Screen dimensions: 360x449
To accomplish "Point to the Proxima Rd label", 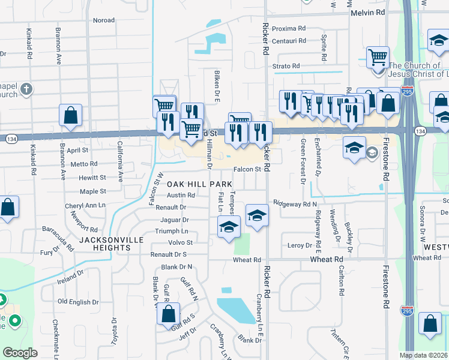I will (x=289, y=28).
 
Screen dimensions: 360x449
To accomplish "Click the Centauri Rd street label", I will (x=289, y=41).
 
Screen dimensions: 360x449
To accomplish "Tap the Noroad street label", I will (x=104, y=20).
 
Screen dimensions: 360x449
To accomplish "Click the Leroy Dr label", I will (x=300, y=245).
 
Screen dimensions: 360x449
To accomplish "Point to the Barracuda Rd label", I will (x=58, y=239).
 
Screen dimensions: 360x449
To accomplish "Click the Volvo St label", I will (x=181, y=242).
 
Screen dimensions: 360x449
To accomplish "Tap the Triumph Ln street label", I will (x=172, y=231).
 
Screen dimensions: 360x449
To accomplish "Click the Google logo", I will (x=20, y=353).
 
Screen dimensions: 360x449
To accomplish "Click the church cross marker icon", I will (x=25, y=90).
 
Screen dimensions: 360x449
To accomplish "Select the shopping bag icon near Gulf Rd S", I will (x=169, y=315).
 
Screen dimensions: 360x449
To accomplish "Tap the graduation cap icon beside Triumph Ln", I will (x=229, y=227).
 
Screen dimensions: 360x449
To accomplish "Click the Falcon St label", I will (x=247, y=169).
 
